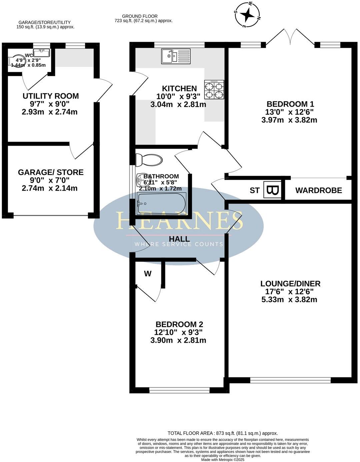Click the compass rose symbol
coord(248,15)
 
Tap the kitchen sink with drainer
coord(175,56)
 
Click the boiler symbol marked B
coord(273,190)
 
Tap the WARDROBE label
coord(318,190)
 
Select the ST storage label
coord(255,191)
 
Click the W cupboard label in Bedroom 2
coord(148,274)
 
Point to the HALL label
coord(179,239)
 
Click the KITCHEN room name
coord(179,88)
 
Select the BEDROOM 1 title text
coord(289,104)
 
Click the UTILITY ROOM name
coord(51,96)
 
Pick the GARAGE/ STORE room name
coord(51,172)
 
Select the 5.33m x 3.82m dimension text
coord(289,299)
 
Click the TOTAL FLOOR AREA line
coord(223,433)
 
